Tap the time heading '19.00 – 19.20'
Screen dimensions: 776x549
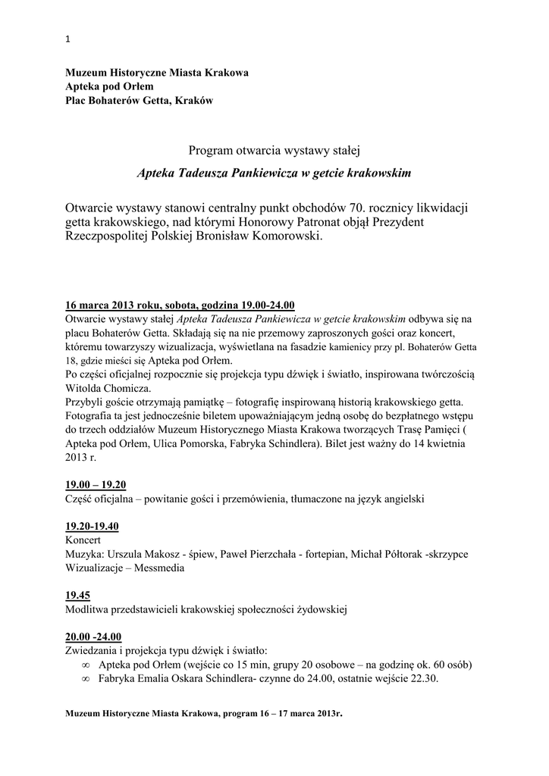pos(96,485)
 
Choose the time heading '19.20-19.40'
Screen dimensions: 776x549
pos(92,526)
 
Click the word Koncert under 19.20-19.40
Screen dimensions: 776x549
pos(83,540)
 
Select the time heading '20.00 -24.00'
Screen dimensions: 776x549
pos(93,636)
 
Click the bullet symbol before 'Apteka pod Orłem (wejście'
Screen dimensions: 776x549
pos(85,665)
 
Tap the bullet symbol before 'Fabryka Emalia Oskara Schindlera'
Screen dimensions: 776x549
pos(85,678)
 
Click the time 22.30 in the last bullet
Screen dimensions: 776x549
pos(423,678)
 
